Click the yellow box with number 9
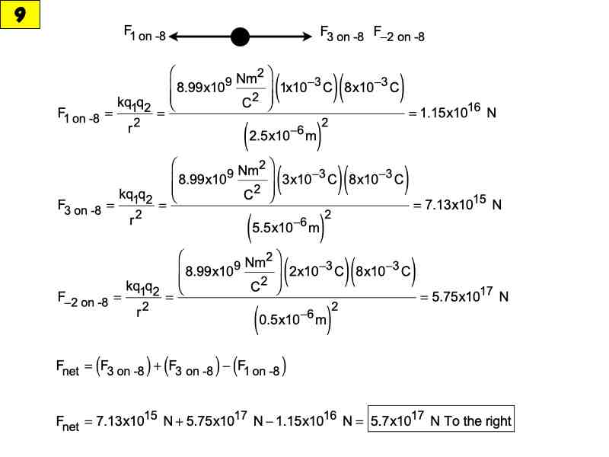coord(20,15)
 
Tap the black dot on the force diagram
coord(240,36)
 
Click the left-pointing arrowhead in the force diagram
coord(175,36)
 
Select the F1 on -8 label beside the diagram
coord(145,34)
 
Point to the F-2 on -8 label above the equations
coord(400,34)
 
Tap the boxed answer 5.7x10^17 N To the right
coord(441,420)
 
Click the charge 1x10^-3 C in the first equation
coord(307,88)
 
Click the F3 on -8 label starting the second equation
coord(79,207)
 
